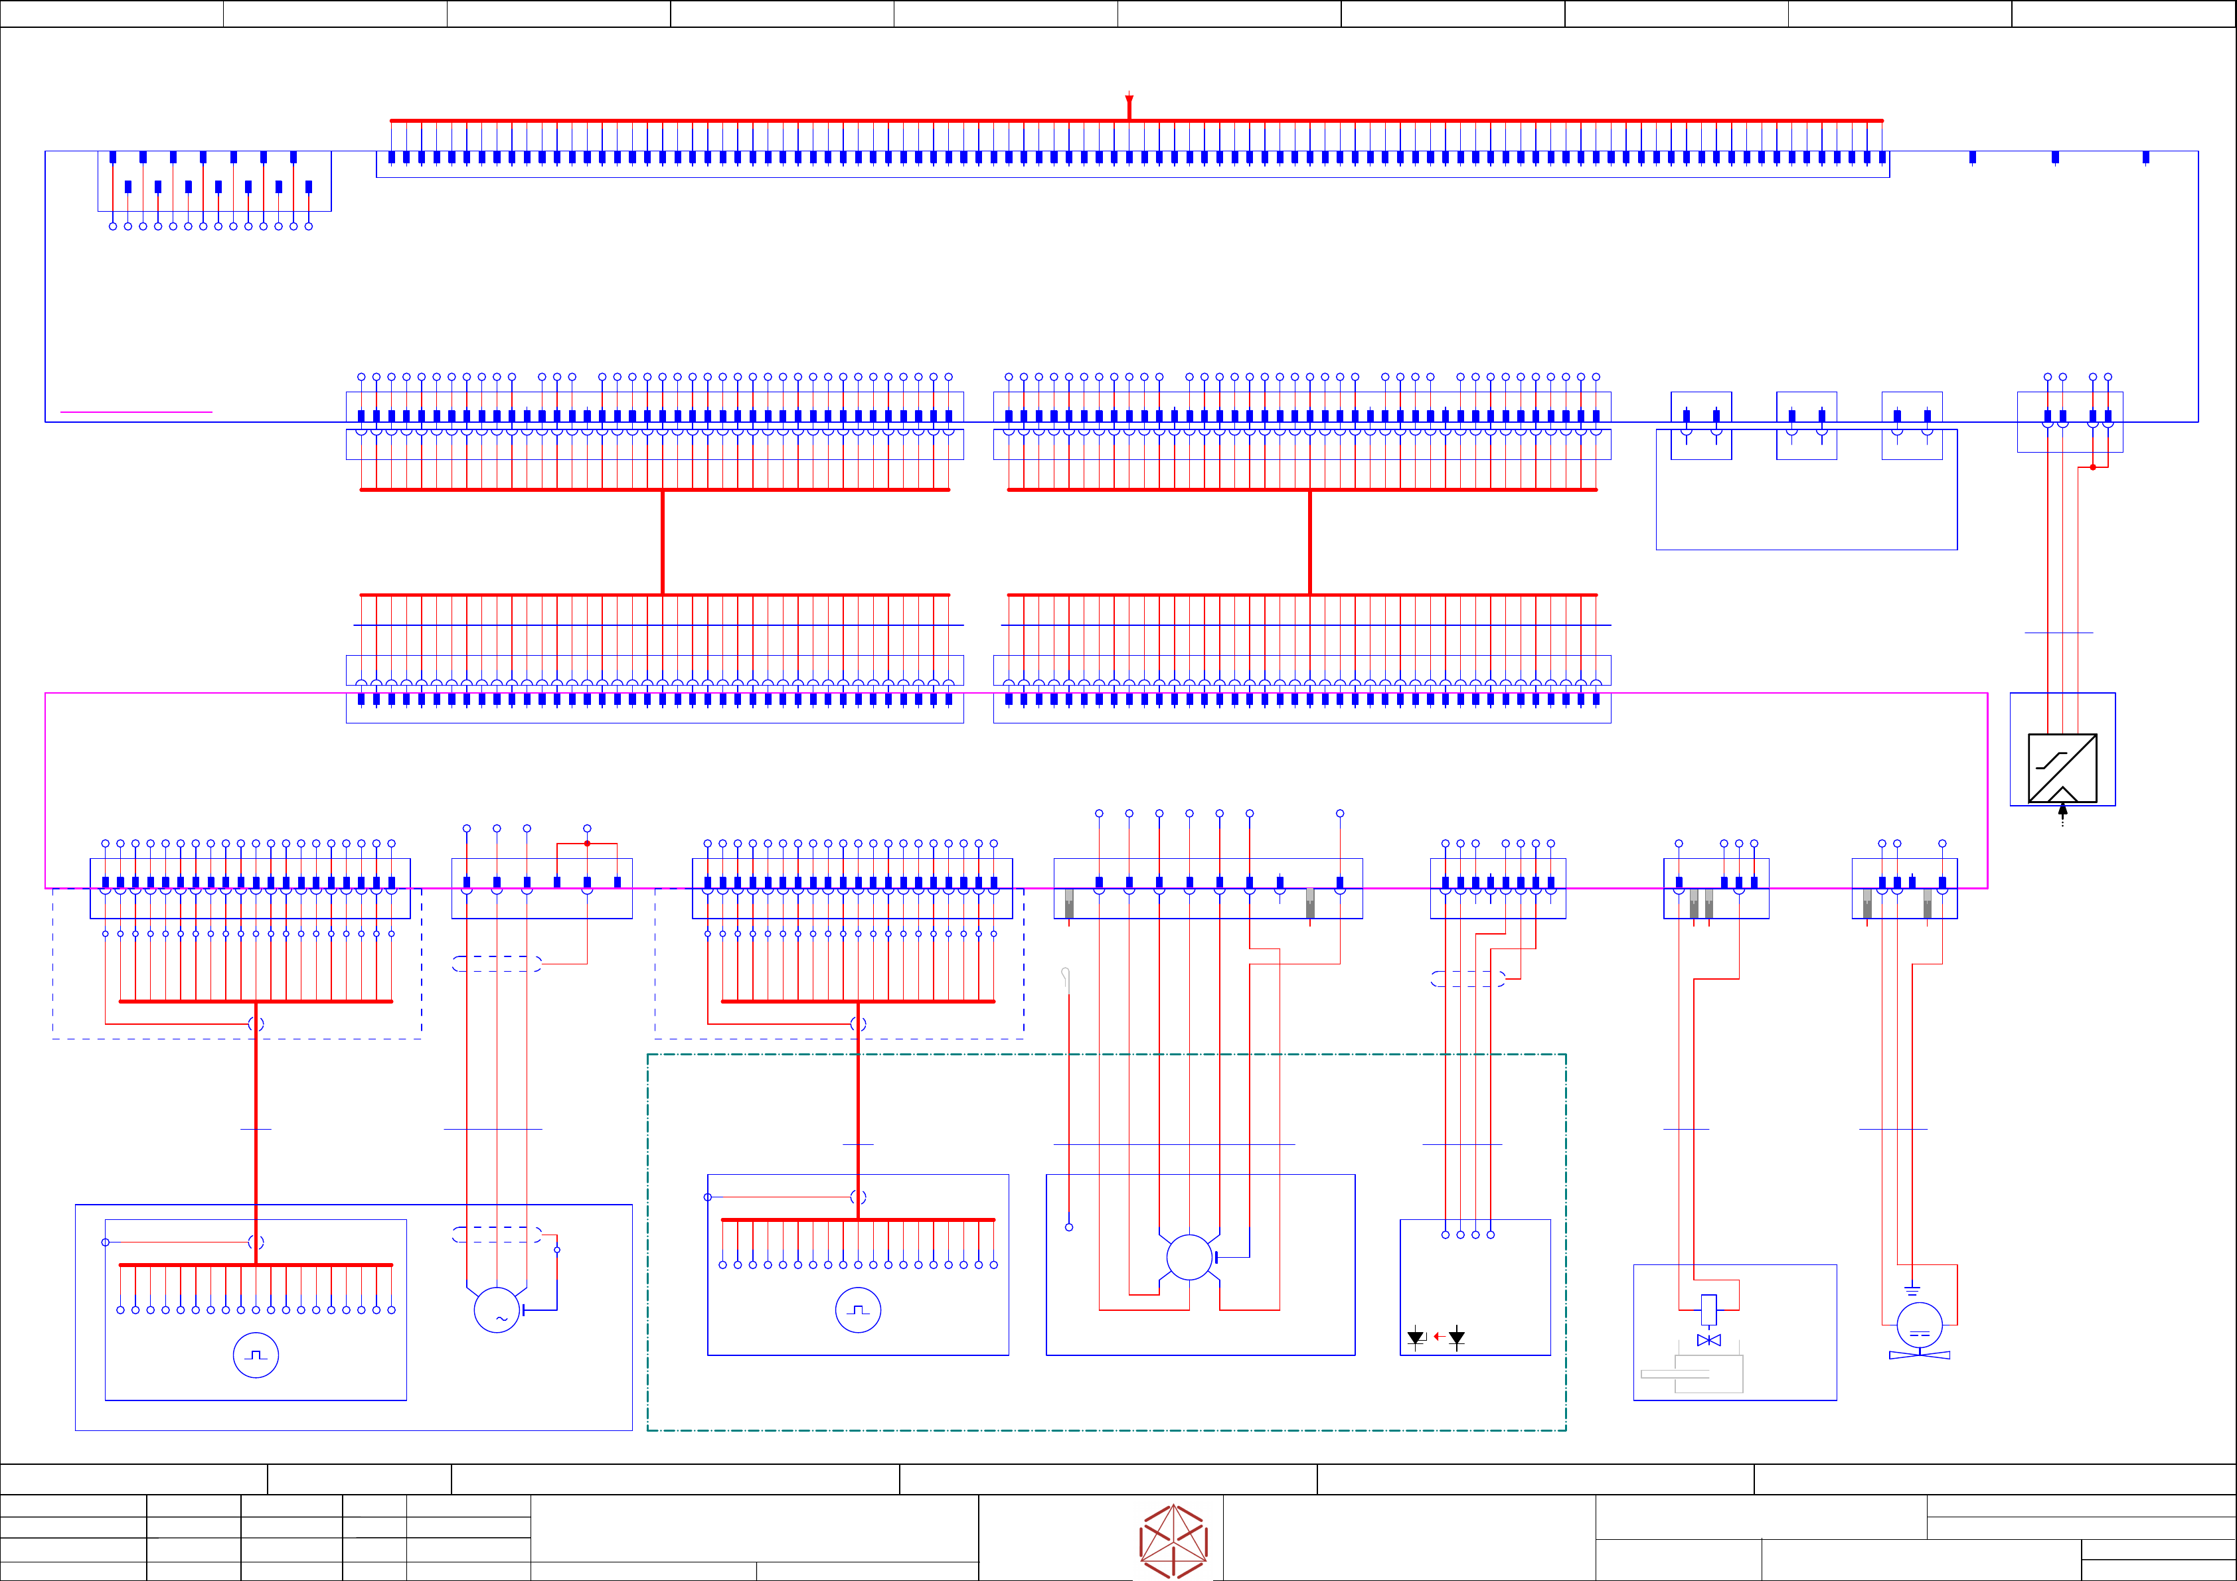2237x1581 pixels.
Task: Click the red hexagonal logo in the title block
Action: pyautogui.click(x=1173, y=1541)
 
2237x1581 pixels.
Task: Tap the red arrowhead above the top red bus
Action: pyautogui.click(x=1129, y=100)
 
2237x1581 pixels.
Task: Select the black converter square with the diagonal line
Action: pyautogui.click(x=2062, y=768)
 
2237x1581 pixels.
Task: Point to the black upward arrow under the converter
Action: pyautogui.click(x=2062, y=810)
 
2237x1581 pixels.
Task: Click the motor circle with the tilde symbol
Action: pyautogui.click(x=497, y=1310)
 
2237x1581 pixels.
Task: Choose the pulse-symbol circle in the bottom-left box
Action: pyautogui.click(x=255, y=1355)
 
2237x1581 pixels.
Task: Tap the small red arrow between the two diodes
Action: pyautogui.click(x=1439, y=1337)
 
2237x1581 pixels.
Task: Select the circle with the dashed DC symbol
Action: pyautogui.click(x=1920, y=1325)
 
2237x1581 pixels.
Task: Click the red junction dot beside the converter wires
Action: pyautogui.click(x=2093, y=467)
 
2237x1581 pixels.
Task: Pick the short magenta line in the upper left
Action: pyautogui.click(x=136, y=412)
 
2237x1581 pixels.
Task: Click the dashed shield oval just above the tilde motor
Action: pyautogui.click(x=497, y=1235)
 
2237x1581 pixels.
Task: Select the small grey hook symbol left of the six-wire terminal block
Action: pyautogui.click(x=1066, y=977)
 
